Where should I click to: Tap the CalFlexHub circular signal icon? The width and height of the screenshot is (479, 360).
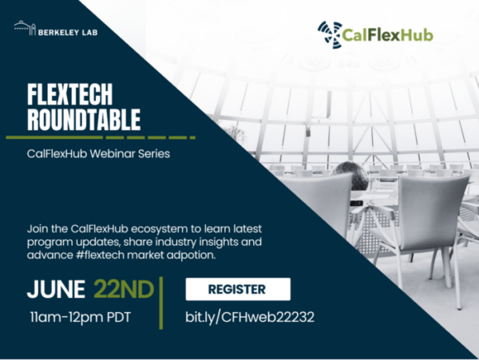tap(329, 34)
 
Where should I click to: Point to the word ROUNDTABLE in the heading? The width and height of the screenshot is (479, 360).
tap(84, 119)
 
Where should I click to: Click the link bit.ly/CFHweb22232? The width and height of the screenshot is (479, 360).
tap(250, 317)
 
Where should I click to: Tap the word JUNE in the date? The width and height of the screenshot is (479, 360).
tap(55, 289)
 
